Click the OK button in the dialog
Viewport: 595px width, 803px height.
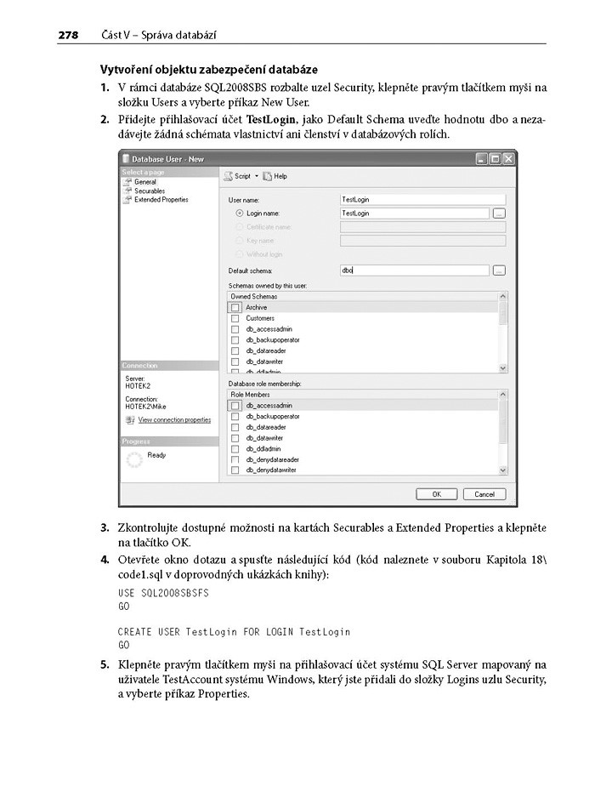click(436, 493)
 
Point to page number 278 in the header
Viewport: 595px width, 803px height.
click(68, 35)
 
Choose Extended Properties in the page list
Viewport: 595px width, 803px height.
click(161, 199)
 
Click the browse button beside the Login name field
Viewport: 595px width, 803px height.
click(499, 213)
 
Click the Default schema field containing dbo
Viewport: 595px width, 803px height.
click(414, 270)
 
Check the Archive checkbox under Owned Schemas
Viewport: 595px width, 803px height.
click(235, 307)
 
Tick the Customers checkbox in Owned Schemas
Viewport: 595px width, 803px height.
click(235, 318)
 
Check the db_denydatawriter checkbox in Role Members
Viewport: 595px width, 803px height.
click(235, 470)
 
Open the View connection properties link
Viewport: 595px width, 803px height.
click(173, 419)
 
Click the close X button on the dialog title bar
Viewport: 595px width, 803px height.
click(508, 158)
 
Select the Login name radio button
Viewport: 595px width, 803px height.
click(239, 213)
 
